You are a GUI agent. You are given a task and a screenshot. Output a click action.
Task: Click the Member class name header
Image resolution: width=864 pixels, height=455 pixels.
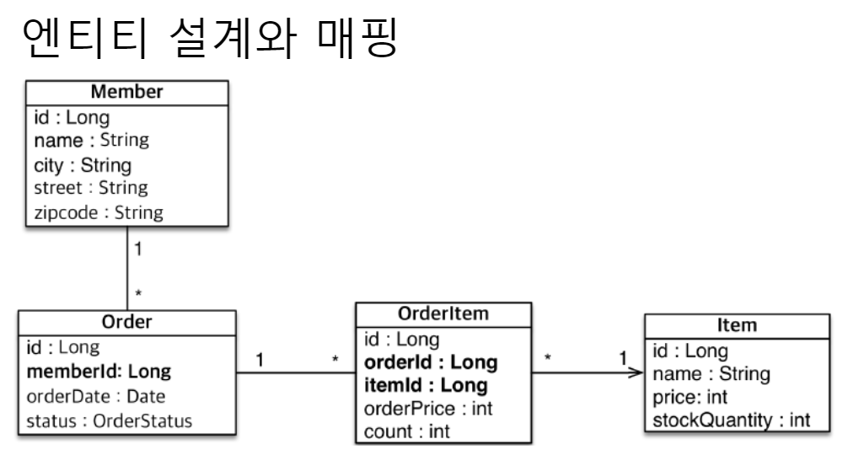point(126,91)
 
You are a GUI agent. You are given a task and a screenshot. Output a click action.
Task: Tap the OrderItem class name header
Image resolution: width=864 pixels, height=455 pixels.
point(443,316)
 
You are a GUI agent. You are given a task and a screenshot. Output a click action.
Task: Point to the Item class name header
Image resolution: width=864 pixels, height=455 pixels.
point(733,325)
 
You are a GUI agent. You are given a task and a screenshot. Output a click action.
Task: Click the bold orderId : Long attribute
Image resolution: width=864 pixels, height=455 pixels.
point(429,363)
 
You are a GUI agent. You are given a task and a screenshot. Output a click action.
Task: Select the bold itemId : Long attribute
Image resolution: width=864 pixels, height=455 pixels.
point(425,386)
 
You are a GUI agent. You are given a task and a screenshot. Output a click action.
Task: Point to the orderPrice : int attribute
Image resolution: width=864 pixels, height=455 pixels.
point(427,409)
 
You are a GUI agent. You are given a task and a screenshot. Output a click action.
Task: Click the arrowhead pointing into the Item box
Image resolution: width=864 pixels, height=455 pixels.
point(638,374)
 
